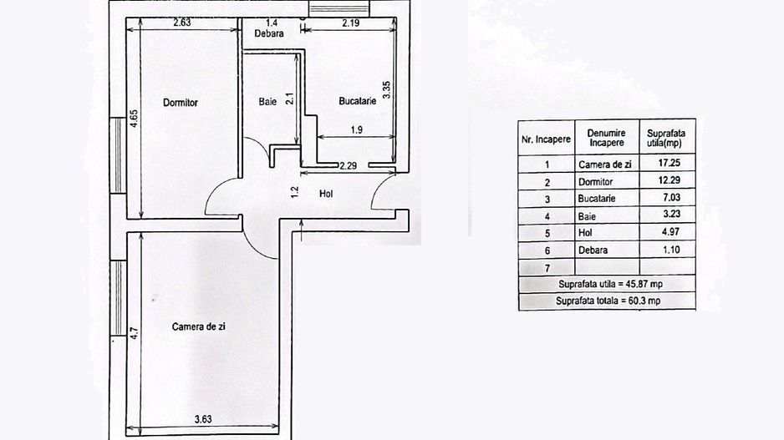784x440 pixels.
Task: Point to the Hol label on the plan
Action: click(x=327, y=194)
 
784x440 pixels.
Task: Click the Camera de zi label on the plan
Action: click(x=199, y=326)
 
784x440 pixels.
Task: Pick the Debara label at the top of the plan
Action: click(x=269, y=34)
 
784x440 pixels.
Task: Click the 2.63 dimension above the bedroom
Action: click(x=182, y=23)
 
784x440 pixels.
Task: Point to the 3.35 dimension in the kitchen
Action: click(x=386, y=90)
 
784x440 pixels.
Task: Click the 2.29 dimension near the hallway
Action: click(x=348, y=165)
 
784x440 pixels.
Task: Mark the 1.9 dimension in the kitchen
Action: click(x=355, y=129)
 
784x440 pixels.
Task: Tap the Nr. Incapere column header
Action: click(x=546, y=139)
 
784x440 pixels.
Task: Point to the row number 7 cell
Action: click(x=546, y=266)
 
